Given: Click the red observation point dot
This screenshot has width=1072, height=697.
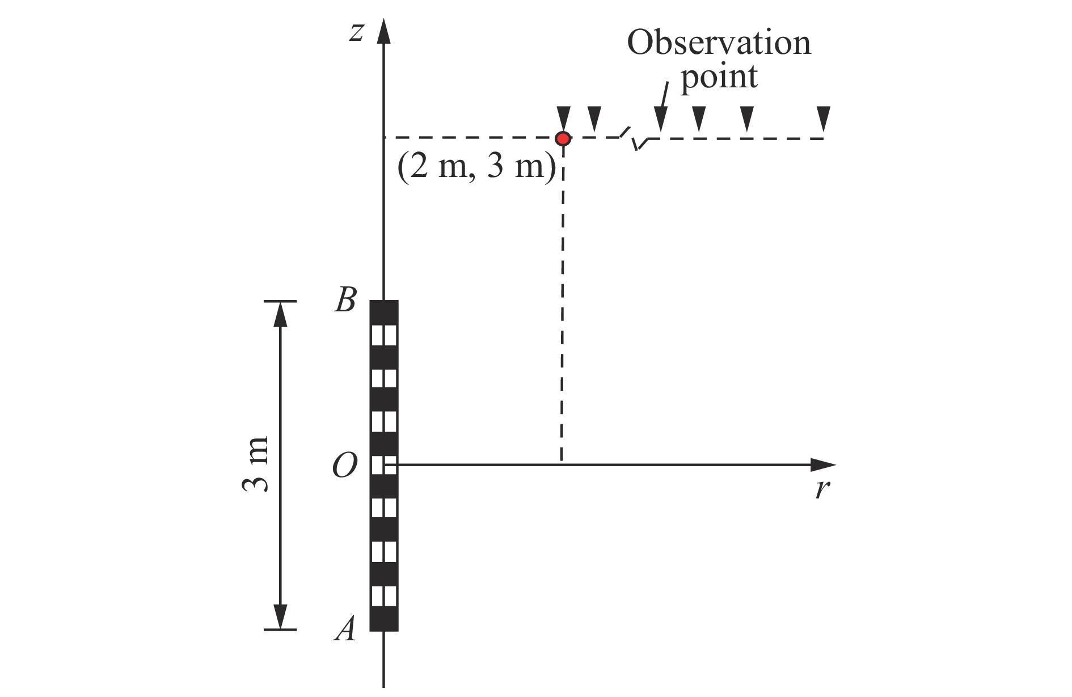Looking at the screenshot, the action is tap(563, 138).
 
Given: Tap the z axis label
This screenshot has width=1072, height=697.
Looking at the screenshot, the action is tap(356, 32).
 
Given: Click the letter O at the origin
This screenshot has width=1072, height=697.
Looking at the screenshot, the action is tap(344, 467).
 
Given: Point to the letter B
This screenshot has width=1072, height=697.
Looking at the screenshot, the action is tap(345, 300).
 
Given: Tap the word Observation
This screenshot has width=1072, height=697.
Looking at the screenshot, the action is tap(719, 43).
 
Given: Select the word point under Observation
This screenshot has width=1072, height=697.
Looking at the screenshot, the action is tap(719, 77).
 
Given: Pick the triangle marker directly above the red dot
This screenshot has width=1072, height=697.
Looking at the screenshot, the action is tap(563, 119).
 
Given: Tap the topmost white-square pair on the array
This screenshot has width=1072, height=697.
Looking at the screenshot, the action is tap(383, 335).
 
